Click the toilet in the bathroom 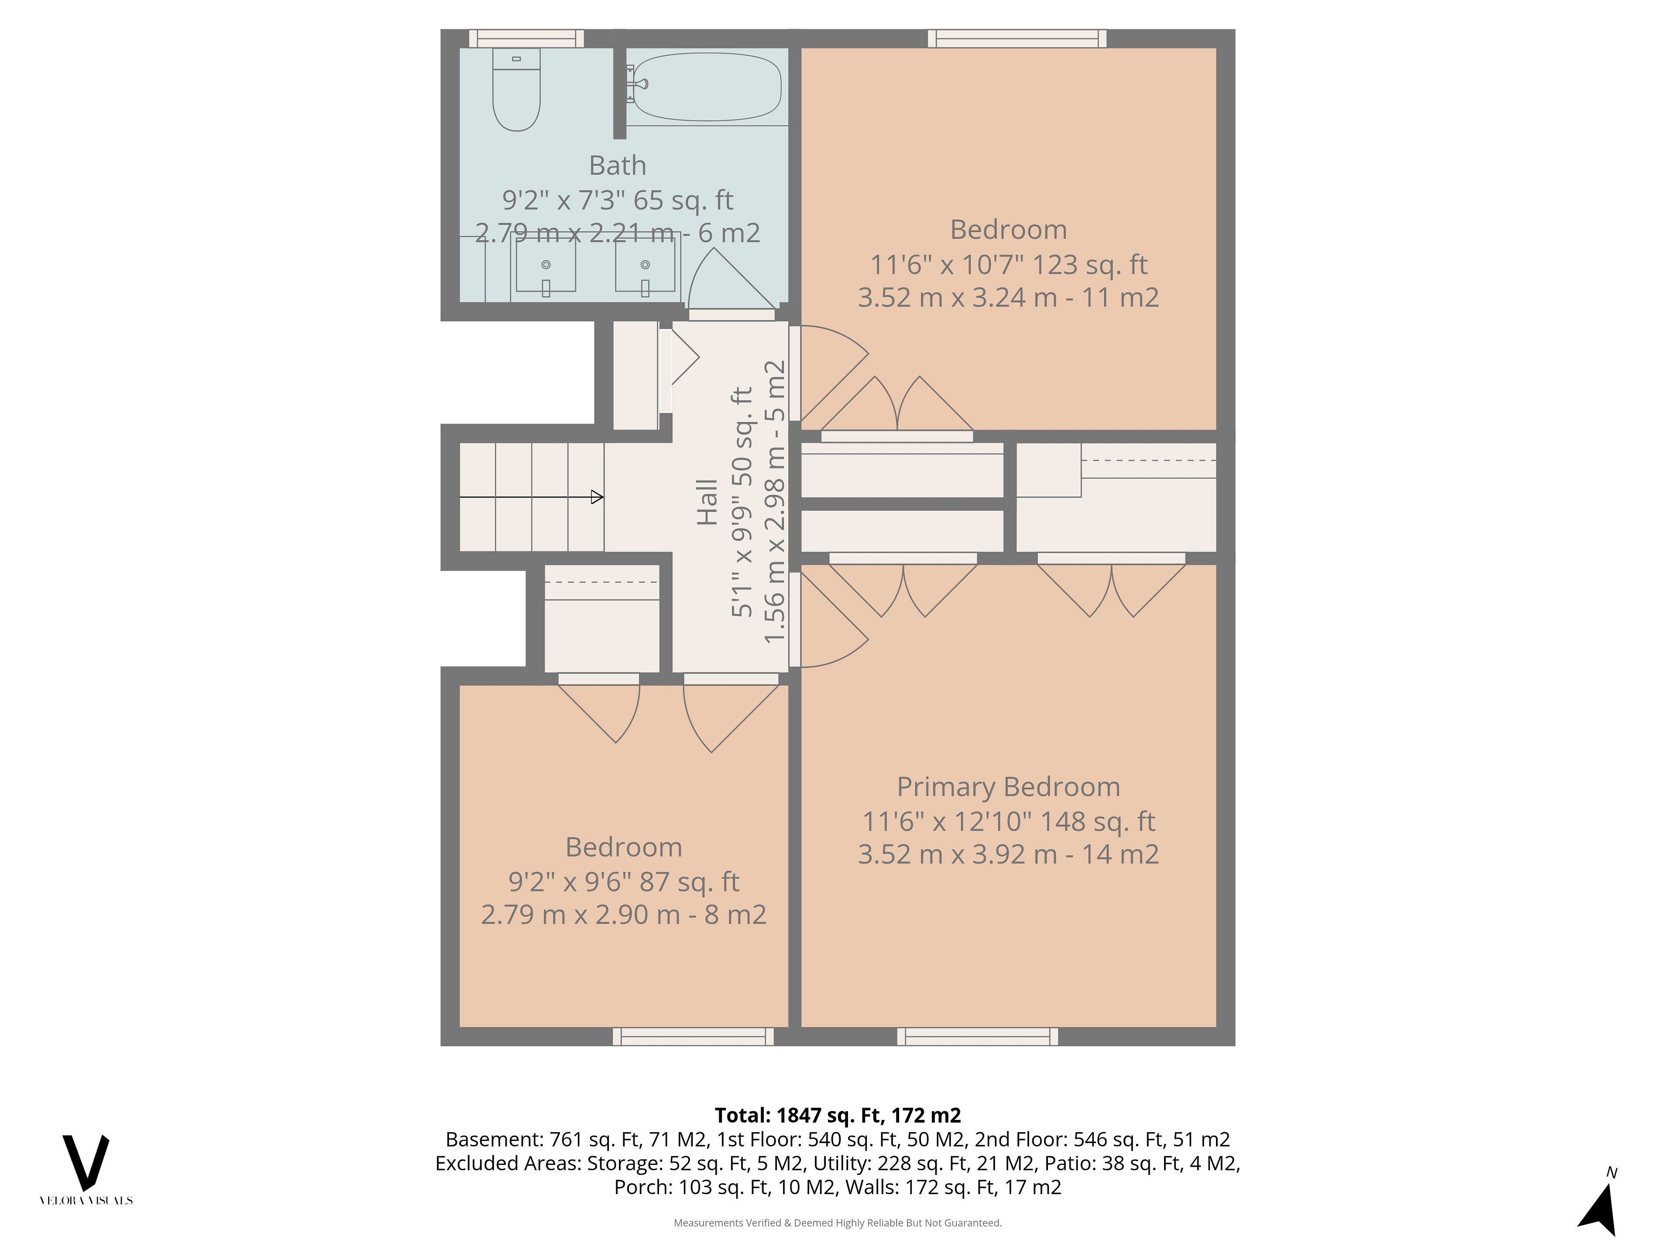516,89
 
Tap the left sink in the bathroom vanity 546,266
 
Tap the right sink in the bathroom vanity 645,266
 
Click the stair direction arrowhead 597,497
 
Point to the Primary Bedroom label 1009,787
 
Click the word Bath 618,165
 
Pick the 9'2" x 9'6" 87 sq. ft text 624,882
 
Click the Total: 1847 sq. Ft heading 838,1115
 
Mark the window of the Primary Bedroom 977,1037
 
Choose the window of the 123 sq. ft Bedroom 1017,39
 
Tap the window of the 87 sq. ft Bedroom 693,1037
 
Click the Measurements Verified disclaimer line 838,1223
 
